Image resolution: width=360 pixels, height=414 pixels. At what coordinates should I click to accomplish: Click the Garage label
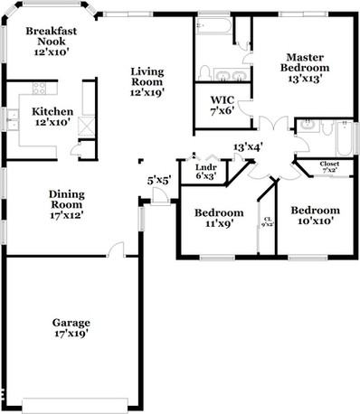[71, 327]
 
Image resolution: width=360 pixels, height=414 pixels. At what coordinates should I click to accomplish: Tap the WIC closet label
[223, 105]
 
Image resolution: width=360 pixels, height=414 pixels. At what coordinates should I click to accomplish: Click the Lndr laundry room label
[205, 170]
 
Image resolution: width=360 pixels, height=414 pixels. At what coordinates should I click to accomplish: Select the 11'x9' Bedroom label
[218, 219]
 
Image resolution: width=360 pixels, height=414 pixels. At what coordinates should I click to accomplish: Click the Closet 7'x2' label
[329, 166]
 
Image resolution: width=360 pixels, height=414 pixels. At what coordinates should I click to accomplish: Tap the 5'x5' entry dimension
[157, 180]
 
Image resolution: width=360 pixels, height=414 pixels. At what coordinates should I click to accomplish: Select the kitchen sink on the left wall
[13, 116]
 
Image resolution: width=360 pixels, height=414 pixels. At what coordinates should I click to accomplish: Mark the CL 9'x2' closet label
[267, 221]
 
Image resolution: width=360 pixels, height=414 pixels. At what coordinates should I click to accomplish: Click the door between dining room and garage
[116, 249]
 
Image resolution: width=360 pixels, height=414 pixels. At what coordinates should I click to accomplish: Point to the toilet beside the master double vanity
[205, 71]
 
